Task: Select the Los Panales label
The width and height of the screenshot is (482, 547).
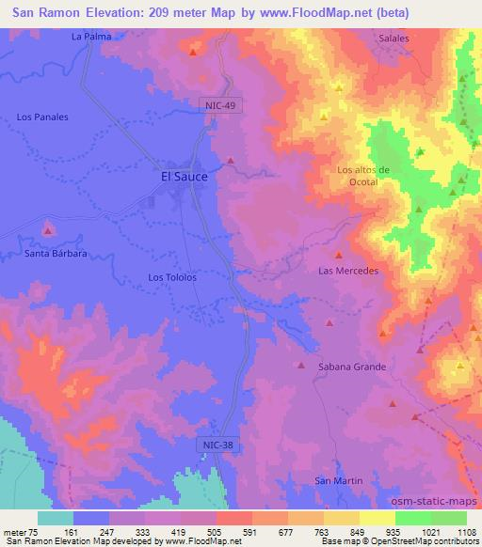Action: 42,117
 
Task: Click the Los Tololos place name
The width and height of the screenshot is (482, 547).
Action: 172,277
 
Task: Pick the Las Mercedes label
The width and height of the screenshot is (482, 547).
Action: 348,271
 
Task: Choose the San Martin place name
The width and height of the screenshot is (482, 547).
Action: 337,481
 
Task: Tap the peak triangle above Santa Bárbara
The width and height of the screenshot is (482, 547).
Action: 49,229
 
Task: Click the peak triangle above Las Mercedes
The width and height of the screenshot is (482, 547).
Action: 338,255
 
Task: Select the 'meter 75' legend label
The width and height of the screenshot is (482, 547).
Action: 20,532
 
